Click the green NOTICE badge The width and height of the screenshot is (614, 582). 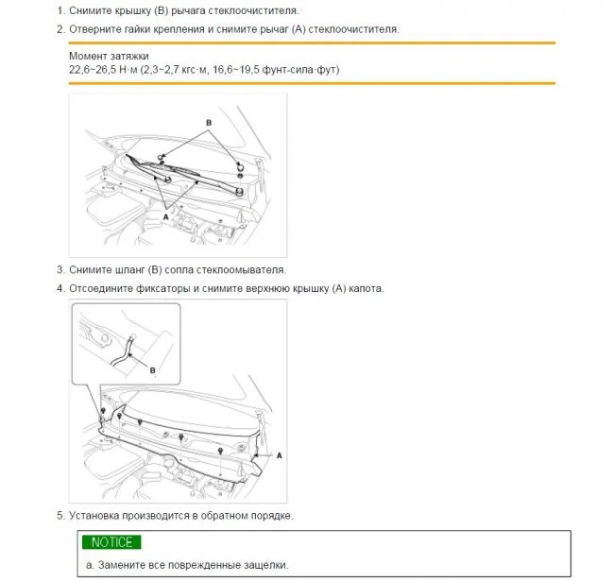[x=111, y=542]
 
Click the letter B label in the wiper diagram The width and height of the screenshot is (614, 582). [x=209, y=123]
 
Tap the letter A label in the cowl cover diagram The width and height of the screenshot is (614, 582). [x=280, y=455]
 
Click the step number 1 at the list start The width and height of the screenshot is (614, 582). [x=60, y=10]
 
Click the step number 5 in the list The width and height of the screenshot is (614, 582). [x=60, y=516]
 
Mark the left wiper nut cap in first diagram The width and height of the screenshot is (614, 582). [x=163, y=155]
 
